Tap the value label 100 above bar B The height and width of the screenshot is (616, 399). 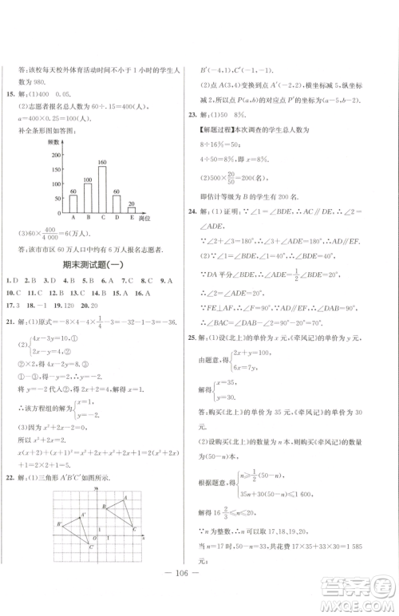[87, 180]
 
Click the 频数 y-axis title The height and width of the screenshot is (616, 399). [55, 140]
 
